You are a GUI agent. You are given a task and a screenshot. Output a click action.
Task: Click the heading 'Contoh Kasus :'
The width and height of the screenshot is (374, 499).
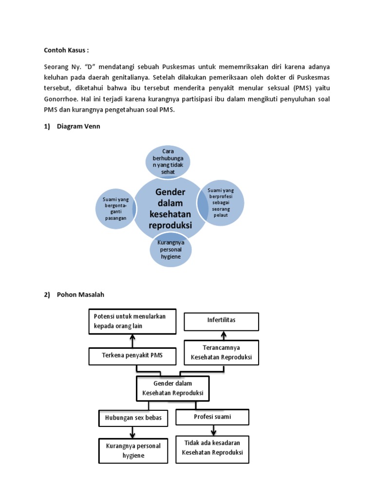[x=66, y=50]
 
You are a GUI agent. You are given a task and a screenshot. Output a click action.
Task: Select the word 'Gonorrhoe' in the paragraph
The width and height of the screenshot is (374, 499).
[x=62, y=99]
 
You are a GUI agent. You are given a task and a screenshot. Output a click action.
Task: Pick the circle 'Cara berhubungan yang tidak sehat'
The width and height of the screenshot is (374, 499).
[x=168, y=161]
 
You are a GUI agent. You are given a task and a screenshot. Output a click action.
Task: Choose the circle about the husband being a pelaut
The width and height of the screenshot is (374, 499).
[x=220, y=202]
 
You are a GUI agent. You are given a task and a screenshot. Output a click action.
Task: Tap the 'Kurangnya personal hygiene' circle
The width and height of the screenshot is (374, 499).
[x=170, y=249]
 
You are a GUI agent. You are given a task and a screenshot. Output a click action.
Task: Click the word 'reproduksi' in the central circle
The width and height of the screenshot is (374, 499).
[x=170, y=226]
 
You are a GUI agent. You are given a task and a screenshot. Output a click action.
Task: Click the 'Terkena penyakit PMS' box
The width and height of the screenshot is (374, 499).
[x=132, y=356]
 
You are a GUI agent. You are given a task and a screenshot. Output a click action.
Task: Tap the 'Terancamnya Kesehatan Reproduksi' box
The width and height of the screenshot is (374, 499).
[x=222, y=352]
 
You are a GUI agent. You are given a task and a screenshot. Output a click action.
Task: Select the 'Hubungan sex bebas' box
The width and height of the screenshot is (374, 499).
[x=133, y=418]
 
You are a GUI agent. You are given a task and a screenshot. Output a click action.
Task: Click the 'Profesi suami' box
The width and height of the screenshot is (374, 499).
[x=212, y=417]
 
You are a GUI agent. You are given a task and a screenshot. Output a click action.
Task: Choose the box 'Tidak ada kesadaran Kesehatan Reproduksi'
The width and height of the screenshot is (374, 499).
[x=212, y=449]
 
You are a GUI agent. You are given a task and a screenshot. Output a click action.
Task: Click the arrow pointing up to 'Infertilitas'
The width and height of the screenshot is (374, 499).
[x=224, y=336]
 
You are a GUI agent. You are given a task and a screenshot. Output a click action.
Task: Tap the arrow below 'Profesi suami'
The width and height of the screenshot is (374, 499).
[x=213, y=430]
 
